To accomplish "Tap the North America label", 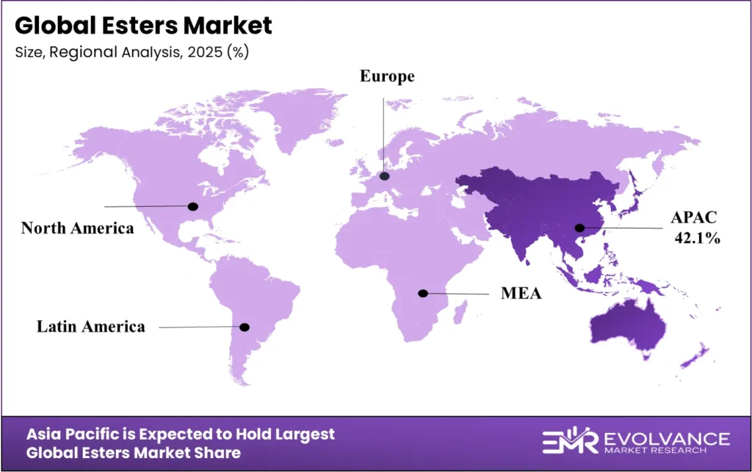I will click(77, 228).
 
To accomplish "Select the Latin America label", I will click(91, 326).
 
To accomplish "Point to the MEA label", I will click(521, 294).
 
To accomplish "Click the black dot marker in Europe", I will click(384, 176).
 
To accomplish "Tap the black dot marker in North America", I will click(193, 206).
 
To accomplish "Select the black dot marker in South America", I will click(245, 327).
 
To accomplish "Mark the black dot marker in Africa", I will click(422, 293).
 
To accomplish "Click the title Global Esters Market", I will click(143, 26).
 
